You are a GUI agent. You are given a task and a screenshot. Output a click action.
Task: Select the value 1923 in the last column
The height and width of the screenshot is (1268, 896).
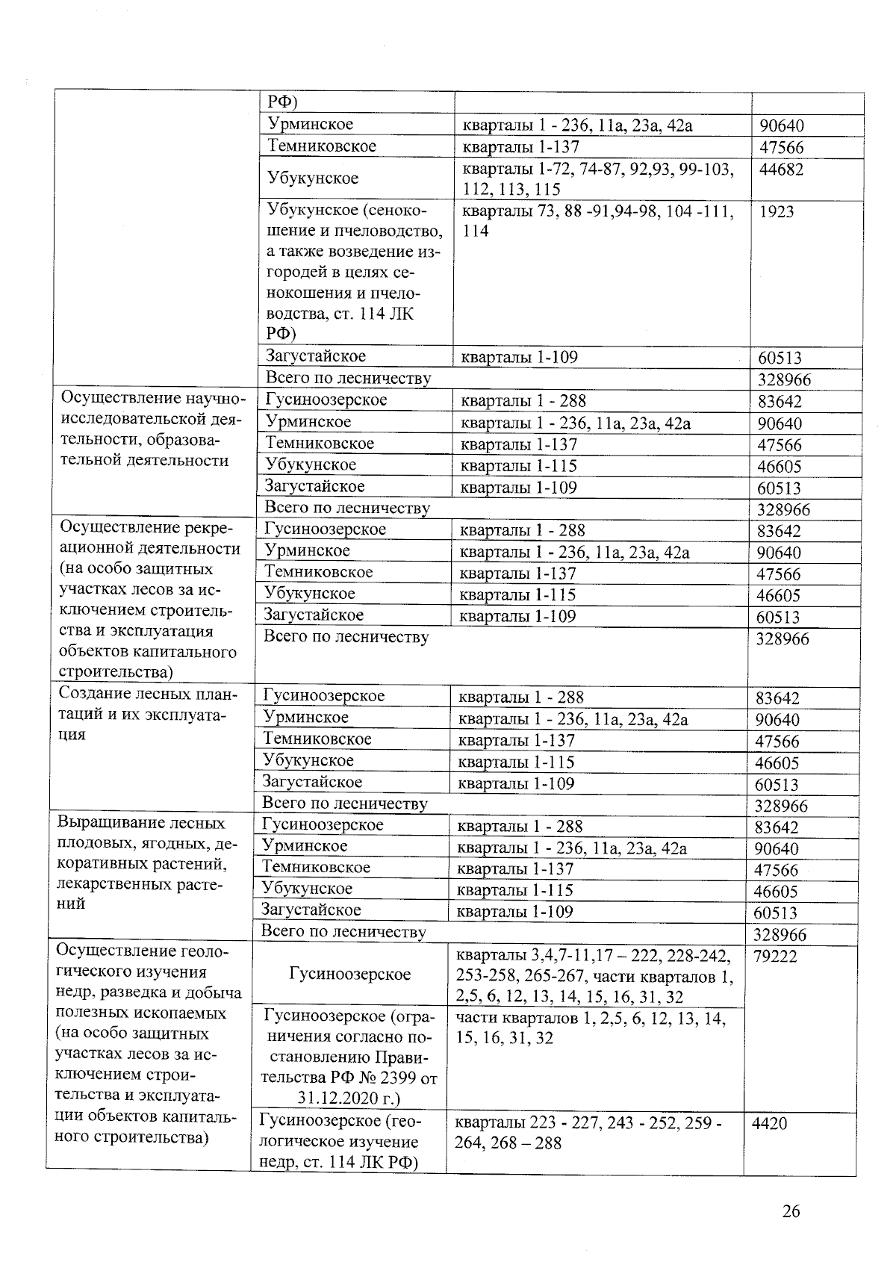point(777,212)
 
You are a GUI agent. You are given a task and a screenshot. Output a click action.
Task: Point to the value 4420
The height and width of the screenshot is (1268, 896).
point(769,1124)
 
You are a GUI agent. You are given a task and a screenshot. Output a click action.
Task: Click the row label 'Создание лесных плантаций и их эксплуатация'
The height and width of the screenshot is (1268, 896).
point(148,714)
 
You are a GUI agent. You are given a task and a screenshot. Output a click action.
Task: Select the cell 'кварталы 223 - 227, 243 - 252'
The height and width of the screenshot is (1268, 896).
point(588,1133)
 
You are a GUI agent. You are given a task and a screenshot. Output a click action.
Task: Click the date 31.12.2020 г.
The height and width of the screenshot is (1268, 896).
point(349,1098)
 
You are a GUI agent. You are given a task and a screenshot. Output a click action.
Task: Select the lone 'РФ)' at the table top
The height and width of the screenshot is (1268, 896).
point(283,102)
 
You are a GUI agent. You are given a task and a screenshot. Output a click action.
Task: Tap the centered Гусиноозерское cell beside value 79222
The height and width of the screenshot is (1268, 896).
point(349,974)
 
